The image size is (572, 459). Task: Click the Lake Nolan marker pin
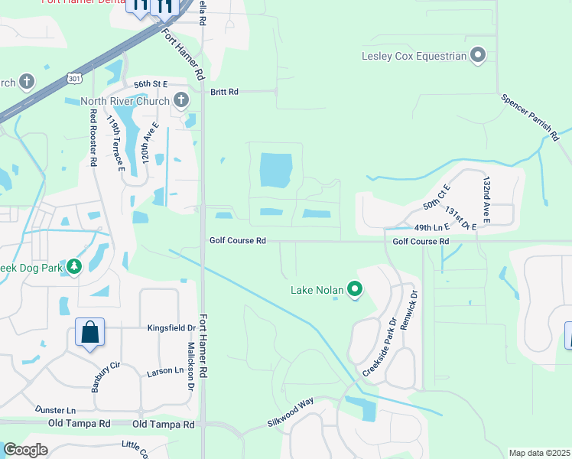pos(355,289)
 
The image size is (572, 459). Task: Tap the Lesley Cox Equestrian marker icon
pos(479,55)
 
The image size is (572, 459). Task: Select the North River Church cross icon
pos(181,99)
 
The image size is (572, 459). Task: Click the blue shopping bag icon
pos(89,333)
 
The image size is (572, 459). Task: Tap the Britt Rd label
pos(224,92)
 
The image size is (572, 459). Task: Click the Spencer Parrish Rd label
pos(531,117)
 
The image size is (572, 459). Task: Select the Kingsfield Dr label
pos(171,327)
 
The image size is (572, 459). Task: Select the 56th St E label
pos(150,84)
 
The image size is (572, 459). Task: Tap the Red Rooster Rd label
pos(93,138)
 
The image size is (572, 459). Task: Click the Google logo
pos(25,450)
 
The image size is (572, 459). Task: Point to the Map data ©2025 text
pos(539,453)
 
